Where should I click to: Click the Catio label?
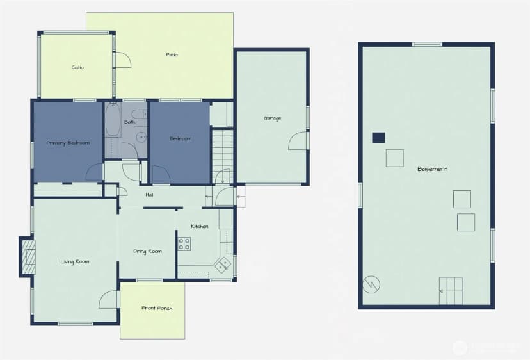pos(77,67)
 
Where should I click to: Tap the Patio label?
pos(172,55)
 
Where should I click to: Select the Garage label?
pos(273,119)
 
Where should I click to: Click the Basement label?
pos(432,169)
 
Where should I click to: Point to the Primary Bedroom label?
pos(68,143)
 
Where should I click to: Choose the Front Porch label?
pos(157,308)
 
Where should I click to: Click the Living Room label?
pos(75,261)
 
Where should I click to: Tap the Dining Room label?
pos(147,251)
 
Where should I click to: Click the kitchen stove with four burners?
pos(184,244)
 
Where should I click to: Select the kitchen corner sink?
pos(222,264)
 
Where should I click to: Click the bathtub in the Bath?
pos(113,119)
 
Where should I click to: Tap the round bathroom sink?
pos(141,137)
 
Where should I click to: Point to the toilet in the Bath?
pos(139,114)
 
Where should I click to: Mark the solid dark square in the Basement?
pos(378,138)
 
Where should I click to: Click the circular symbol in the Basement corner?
pos(371,284)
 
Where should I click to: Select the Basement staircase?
pos(451,291)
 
